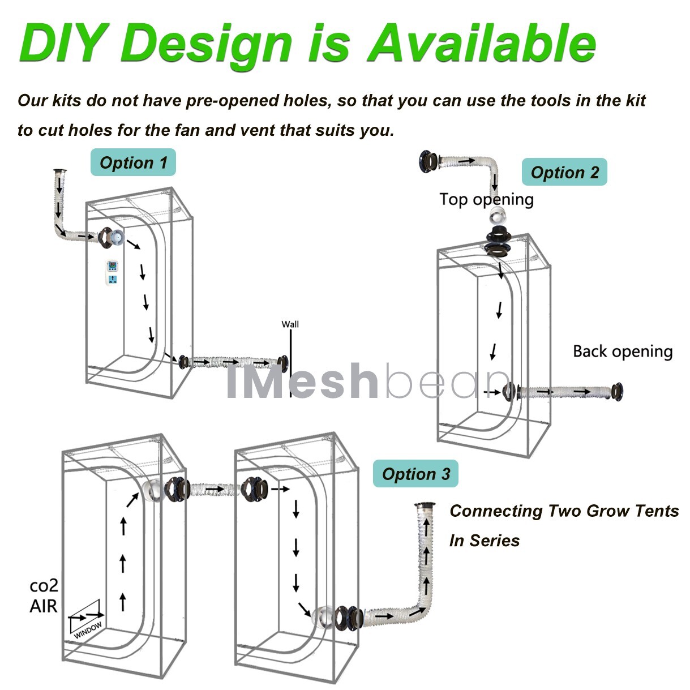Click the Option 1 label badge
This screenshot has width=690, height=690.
(x=133, y=163)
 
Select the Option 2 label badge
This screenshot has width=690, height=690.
(x=564, y=172)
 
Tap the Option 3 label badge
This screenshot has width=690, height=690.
(x=415, y=474)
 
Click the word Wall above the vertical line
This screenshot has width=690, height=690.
(x=290, y=324)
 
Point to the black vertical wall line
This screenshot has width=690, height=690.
(x=291, y=362)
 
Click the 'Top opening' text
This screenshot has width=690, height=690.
(x=486, y=199)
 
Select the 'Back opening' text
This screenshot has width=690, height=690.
(x=622, y=352)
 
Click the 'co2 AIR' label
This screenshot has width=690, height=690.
(x=44, y=596)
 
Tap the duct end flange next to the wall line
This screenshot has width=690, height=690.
(x=282, y=362)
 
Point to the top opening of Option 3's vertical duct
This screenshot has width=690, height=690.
(x=423, y=505)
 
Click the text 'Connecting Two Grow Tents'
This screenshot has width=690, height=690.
(x=564, y=511)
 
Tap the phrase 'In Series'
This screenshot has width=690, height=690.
(x=484, y=541)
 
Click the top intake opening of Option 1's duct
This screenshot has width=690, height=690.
(x=59, y=170)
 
